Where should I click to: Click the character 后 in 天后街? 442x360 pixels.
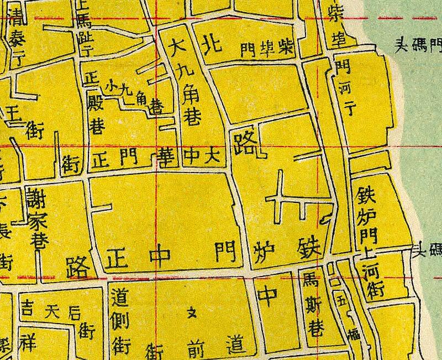pyautogui.click(x=73, y=311)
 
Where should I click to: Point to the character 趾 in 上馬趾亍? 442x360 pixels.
pyautogui.click(x=84, y=34)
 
